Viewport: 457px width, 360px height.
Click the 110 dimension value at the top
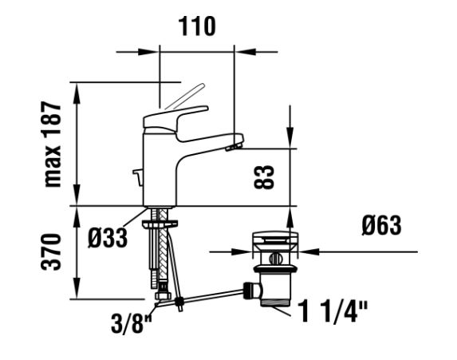click(x=197, y=26)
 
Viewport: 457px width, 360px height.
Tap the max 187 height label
click(x=53, y=144)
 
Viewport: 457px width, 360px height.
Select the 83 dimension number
click(x=264, y=177)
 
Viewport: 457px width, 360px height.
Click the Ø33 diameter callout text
click(x=108, y=238)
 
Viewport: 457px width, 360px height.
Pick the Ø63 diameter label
click(x=381, y=225)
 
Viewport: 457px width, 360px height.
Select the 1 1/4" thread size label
click(x=333, y=311)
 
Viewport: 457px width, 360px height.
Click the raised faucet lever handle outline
click(x=185, y=97)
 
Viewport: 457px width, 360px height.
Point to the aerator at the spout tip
click(x=234, y=146)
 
